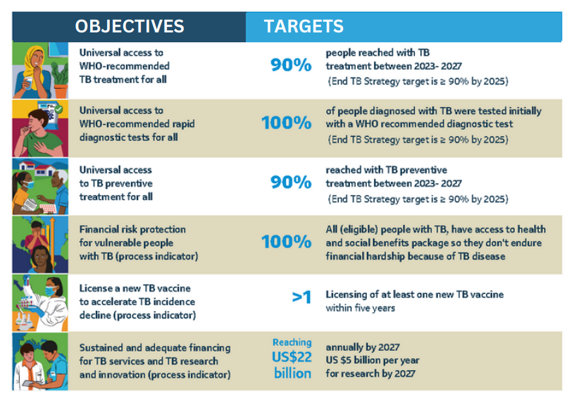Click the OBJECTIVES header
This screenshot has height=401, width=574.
point(130,27)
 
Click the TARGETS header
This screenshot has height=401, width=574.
point(304,27)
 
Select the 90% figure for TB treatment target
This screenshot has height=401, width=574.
point(291,66)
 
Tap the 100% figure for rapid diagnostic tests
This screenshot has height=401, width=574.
point(286,123)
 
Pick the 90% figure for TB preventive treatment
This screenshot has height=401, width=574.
point(291,182)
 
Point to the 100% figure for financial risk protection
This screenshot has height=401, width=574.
point(286,242)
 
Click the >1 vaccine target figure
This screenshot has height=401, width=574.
point(301,297)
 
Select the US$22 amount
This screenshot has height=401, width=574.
point(292,358)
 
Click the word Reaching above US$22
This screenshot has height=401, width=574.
point(292,343)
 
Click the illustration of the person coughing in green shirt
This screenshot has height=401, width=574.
point(40,128)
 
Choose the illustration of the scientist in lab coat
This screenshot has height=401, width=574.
point(40,303)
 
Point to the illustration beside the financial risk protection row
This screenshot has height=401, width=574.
point(40,245)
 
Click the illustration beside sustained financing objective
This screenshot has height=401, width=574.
point(40,362)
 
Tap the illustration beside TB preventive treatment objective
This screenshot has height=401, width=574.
point(40,186)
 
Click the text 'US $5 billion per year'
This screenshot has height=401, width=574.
point(372,360)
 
